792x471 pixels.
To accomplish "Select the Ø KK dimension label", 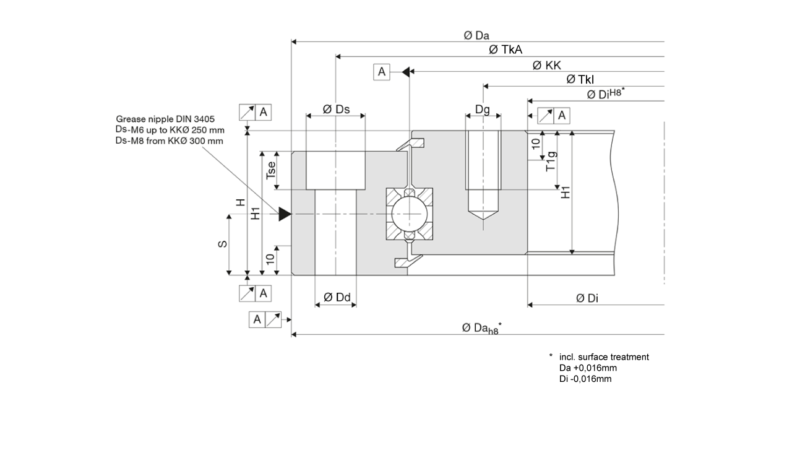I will tap(547, 66).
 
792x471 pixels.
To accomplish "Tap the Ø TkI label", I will tap(580, 80).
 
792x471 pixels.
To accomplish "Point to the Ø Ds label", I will tap(336, 110).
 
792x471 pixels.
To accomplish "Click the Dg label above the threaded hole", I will tap(483, 110).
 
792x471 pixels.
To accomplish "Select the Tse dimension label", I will tap(270, 170).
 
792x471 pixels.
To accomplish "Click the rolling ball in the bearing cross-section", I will tap(408, 214).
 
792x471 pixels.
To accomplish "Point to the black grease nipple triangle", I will tap(285, 214).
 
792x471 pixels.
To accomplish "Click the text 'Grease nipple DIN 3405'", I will tap(165, 119).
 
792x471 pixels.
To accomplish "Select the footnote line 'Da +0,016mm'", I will tap(588, 368).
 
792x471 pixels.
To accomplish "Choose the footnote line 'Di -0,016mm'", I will tap(585, 379).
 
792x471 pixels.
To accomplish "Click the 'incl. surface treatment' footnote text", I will tap(604, 357).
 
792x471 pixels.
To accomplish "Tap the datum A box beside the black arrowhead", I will tap(382, 72).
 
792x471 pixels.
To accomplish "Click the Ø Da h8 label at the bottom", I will tap(481, 328).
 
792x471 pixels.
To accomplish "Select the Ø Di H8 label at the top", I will tap(606, 94).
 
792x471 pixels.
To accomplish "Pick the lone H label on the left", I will tap(241, 202).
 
